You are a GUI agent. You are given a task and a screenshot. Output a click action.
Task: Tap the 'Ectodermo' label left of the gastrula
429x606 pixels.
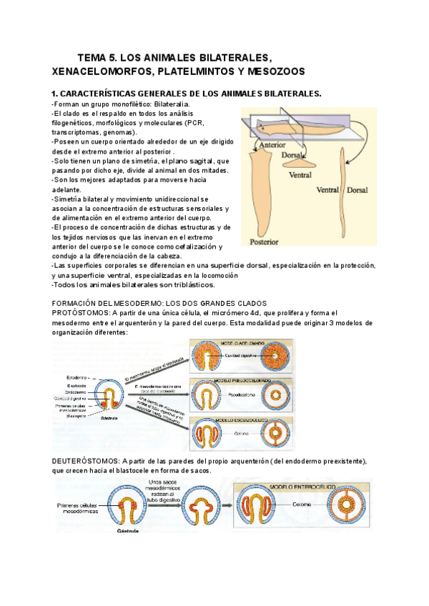click(x=77, y=377)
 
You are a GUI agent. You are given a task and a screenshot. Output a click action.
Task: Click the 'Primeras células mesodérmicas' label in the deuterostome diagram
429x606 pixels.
click(x=79, y=509)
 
